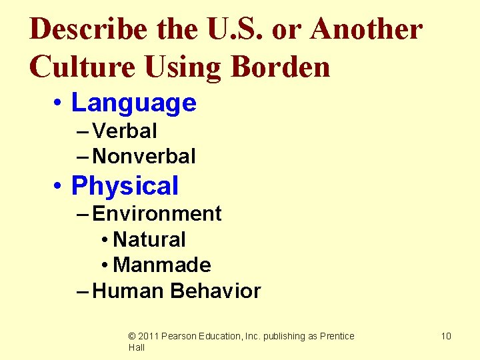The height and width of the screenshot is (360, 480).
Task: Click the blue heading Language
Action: [x=133, y=103]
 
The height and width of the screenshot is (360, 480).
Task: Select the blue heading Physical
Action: [x=125, y=185]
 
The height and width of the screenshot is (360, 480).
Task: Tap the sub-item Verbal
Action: [x=125, y=131]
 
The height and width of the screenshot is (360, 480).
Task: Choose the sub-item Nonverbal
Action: [x=144, y=157]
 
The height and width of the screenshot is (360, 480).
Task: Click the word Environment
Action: [x=157, y=213]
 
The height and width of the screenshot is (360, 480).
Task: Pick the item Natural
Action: [x=149, y=239]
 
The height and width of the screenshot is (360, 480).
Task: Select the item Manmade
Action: [x=162, y=265]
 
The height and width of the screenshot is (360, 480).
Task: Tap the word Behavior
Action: [x=215, y=291]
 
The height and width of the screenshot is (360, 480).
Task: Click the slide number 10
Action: [x=446, y=336]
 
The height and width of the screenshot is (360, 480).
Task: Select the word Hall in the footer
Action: [x=137, y=347]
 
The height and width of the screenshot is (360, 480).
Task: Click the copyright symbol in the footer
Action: [x=132, y=336]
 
